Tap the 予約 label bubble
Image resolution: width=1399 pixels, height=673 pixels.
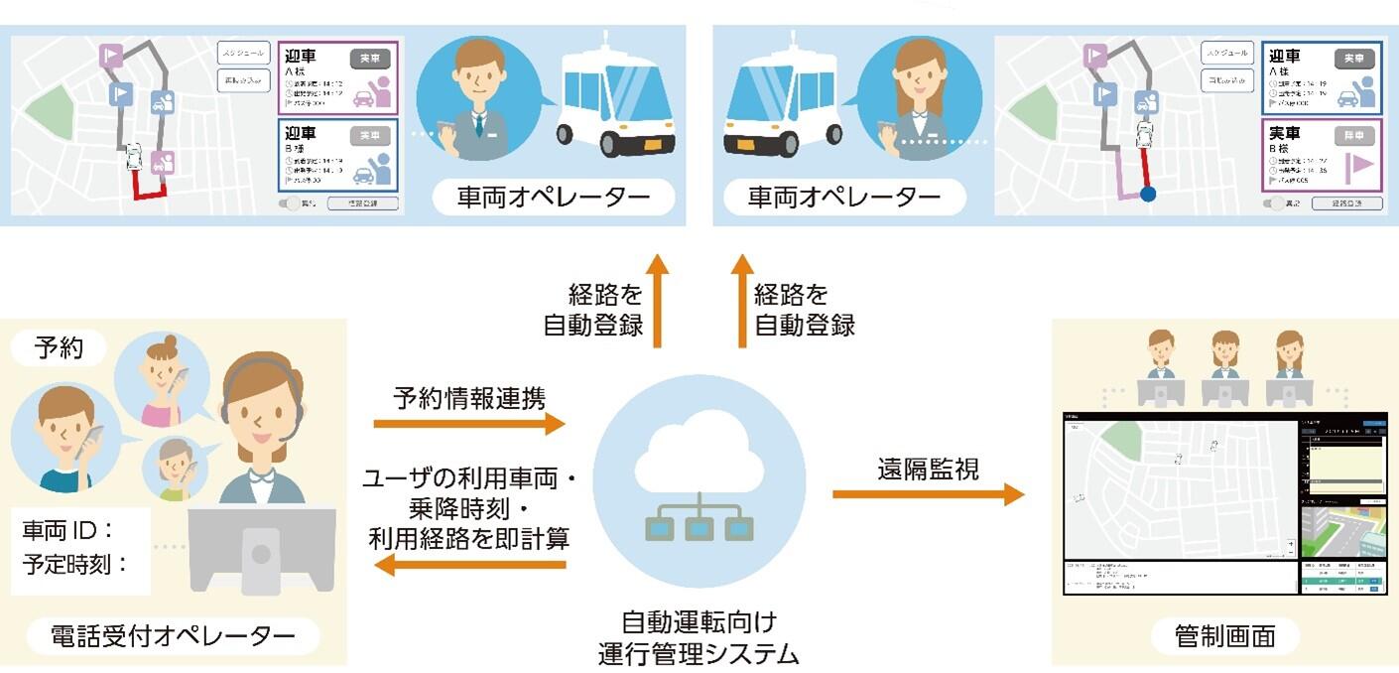pos(59,348)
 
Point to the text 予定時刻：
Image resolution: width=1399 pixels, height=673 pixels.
pos(76,566)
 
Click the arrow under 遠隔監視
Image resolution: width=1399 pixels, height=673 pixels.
pos(927,493)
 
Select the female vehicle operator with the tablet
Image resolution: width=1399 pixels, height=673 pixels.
pos(909,94)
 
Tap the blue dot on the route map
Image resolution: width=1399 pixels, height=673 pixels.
pos(1148,194)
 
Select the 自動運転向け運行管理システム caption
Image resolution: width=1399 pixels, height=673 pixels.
pos(699,638)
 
